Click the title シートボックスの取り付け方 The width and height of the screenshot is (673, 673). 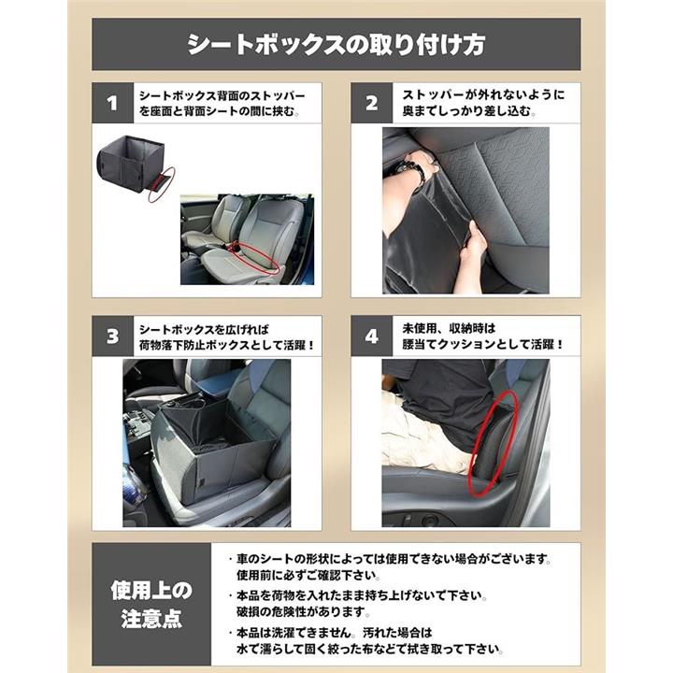[x=336, y=44]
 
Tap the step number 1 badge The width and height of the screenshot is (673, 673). [x=113, y=103]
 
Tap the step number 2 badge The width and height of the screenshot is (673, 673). [x=372, y=103]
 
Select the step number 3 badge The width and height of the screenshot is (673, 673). [x=113, y=336]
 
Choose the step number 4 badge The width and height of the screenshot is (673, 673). [x=372, y=336]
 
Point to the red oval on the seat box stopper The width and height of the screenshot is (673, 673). [x=162, y=184]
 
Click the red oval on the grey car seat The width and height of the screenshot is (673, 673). [x=258, y=258]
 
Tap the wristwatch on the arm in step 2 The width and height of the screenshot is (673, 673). [x=414, y=166]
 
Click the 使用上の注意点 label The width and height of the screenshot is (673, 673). [x=151, y=605]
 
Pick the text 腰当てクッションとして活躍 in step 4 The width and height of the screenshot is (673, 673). [x=478, y=344]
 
